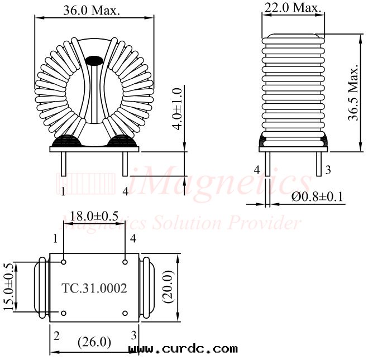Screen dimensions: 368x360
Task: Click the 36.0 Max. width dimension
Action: [92, 11]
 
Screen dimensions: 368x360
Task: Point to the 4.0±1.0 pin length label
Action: [177, 109]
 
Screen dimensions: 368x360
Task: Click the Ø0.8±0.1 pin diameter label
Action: [317, 196]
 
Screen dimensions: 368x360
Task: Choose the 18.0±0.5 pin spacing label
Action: [94, 216]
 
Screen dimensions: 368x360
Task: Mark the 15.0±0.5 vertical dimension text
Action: [8, 287]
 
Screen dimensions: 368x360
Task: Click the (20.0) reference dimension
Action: [168, 287]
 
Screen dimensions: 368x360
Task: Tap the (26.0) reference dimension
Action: [94, 342]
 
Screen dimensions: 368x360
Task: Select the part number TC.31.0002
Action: [94, 288]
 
